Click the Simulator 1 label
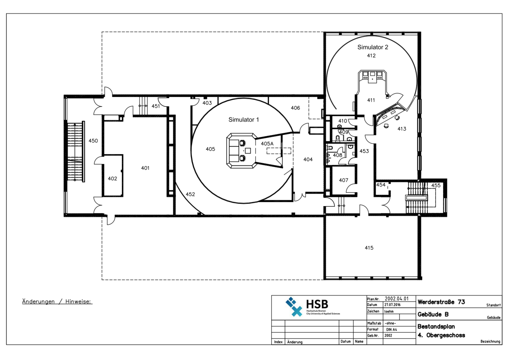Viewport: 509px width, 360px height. coord(244,120)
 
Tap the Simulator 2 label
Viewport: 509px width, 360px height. coord(373,47)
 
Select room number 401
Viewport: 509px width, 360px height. coord(145,168)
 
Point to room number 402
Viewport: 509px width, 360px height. coord(112,179)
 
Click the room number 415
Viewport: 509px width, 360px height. coord(369,248)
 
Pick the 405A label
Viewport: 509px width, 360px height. coord(267,144)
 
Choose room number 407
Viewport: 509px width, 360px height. coord(343,180)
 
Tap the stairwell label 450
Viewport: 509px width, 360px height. coord(93,141)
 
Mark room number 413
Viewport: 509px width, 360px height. coord(401,129)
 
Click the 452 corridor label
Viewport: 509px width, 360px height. coord(190,194)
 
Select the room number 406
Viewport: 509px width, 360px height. coord(295,108)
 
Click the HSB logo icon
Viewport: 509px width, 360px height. coord(294,306)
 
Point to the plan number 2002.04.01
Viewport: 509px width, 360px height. coord(397,299)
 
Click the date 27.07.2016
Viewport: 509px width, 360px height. coord(392,305)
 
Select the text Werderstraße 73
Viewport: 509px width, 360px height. coord(441,302)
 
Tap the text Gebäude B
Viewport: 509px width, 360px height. coord(433,314)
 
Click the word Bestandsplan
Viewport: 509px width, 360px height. coord(436,326)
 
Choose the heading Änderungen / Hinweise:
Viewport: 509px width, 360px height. coord(57,302)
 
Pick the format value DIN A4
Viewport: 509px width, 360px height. coord(391,329)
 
